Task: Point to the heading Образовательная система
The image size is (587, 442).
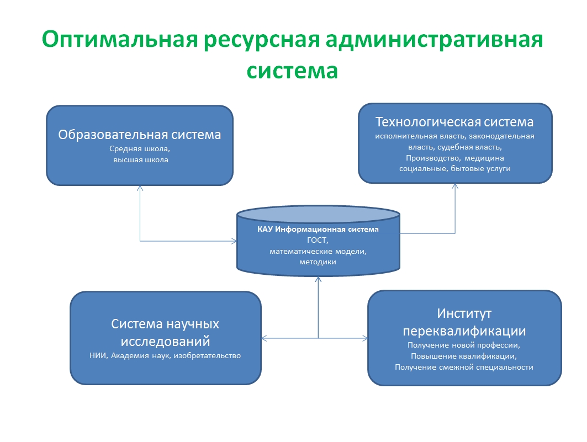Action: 140,135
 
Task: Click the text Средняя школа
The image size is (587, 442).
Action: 140,149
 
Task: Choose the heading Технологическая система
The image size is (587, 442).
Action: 454,122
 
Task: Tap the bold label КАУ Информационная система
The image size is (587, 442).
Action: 318,229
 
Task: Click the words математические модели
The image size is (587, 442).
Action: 318,251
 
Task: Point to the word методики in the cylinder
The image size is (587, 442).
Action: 318,262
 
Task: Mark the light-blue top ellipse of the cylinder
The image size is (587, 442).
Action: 318,214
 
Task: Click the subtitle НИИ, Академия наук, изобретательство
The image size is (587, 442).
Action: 165,355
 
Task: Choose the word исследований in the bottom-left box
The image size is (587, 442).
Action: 165,342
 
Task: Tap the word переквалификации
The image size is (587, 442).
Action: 464,331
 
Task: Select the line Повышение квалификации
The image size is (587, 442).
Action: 464,356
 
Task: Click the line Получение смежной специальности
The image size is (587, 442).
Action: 464,367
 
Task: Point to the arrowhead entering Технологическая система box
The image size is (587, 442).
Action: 455,186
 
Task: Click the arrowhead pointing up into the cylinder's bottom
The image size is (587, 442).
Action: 318,279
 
